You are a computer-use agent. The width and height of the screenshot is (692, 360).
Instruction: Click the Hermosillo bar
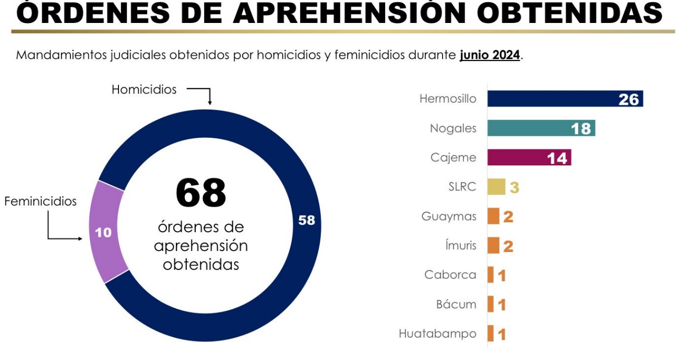pos(565,99)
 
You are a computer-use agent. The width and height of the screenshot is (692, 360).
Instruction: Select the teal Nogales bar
pos(542,128)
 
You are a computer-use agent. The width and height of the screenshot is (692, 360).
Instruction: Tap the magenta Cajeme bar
pos(530,158)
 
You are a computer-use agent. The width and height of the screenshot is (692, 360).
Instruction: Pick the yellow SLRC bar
pos(496,187)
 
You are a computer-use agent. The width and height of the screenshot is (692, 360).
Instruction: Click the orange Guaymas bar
pos(493,216)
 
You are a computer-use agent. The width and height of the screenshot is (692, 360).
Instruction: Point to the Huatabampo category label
pos(437,334)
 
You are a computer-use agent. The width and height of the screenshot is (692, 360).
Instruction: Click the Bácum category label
pos(456,304)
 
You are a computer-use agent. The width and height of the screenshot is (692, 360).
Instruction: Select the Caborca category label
pos(450,275)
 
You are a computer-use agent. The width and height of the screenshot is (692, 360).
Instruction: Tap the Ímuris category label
pos(461,245)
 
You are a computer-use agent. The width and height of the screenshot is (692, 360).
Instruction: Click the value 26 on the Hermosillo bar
pos(629,100)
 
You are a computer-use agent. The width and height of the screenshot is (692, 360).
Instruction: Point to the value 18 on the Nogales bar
pos(581,129)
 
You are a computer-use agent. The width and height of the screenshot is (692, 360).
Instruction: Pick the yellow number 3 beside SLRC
pos(515,187)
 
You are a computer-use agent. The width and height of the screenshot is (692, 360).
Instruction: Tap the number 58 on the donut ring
pos(306,220)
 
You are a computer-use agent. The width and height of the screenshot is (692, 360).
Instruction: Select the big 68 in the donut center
pos(201,193)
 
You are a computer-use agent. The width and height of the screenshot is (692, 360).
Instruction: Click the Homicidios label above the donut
pos(144,90)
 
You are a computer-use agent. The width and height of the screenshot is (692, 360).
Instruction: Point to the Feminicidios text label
pos(41,201)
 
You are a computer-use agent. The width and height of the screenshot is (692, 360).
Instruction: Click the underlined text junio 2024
pos(490,55)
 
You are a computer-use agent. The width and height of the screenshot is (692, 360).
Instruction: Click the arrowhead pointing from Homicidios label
pos(210,102)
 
